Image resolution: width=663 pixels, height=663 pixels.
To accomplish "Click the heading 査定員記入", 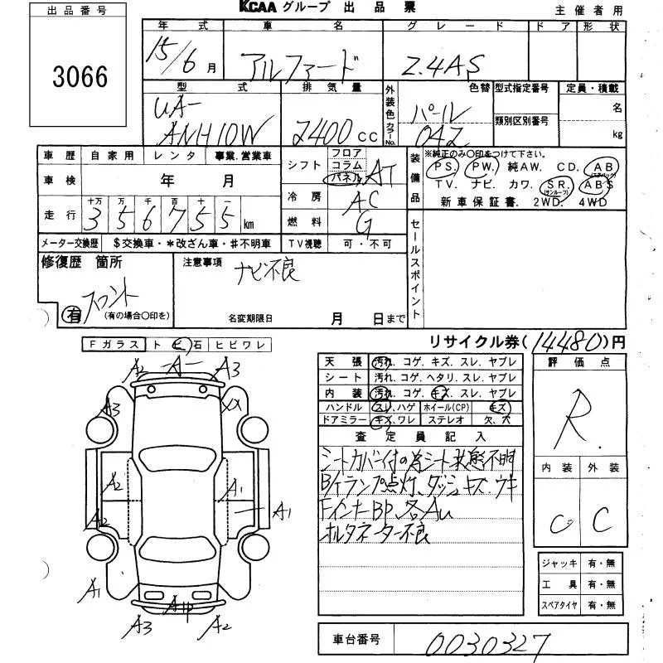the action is (x=420, y=435).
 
